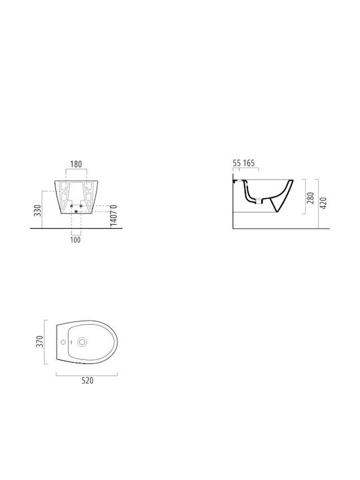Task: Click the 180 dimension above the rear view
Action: point(76,164)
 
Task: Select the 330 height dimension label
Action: point(37,211)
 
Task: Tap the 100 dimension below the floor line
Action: point(75,240)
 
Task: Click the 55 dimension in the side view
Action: point(237,163)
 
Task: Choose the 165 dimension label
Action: point(249,163)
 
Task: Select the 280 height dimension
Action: point(311,198)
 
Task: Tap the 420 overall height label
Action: point(323,203)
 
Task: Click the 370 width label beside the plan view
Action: point(40,341)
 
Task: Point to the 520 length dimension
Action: point(87,381)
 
